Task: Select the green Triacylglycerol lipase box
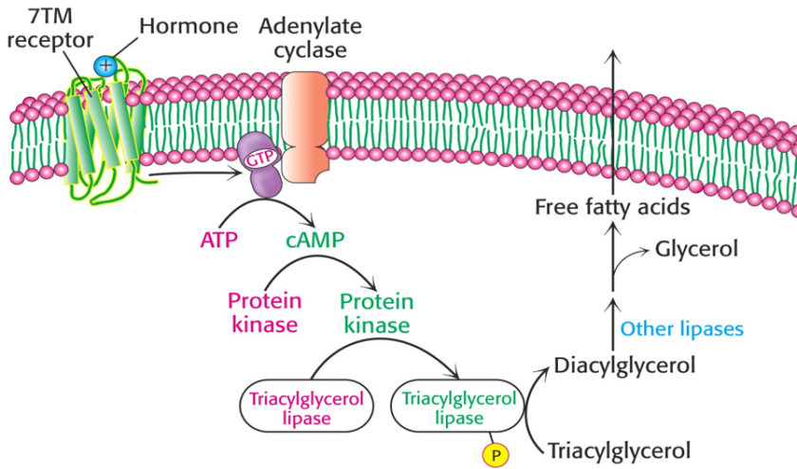point(459,408)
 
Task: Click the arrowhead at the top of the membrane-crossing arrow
point(614,55)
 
